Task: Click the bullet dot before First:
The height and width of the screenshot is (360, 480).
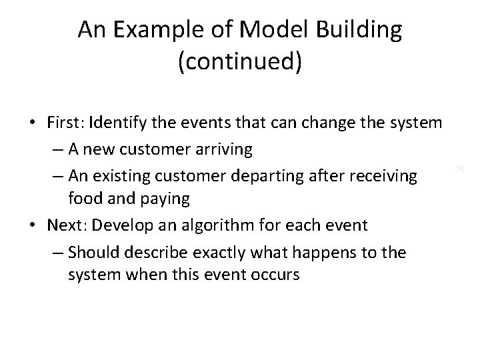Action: (33, 123)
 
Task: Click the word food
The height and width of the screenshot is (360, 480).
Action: (85, 199)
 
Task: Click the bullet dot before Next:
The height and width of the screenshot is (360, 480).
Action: (33, 225)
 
